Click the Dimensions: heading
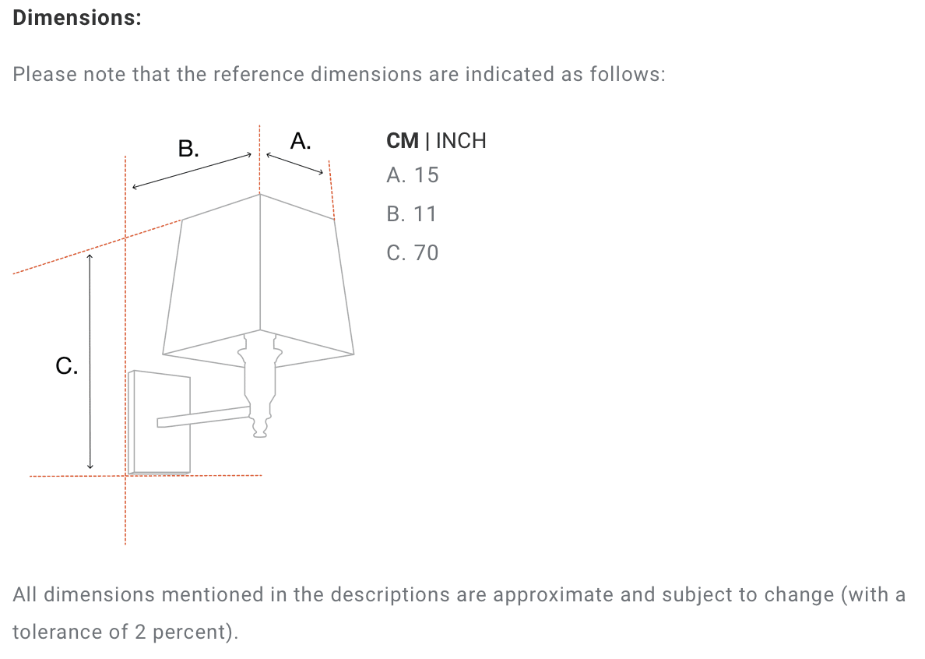[76, 18]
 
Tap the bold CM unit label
[403, 141]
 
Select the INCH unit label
[461, 141]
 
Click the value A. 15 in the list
[413, 175]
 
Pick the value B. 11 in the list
[411, 214]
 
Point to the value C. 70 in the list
[413, 253]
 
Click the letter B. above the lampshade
[188, 148]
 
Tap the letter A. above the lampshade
[301, 141]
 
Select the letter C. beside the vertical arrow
[67, 366]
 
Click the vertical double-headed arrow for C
[90, 361]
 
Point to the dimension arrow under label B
[192, 171]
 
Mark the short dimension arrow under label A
[294, 164]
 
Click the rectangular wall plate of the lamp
[160, 422]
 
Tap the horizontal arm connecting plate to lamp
[203, 417]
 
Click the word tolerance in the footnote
[57, 632]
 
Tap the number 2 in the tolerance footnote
[140, 632]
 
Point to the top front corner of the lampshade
[260, 194]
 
